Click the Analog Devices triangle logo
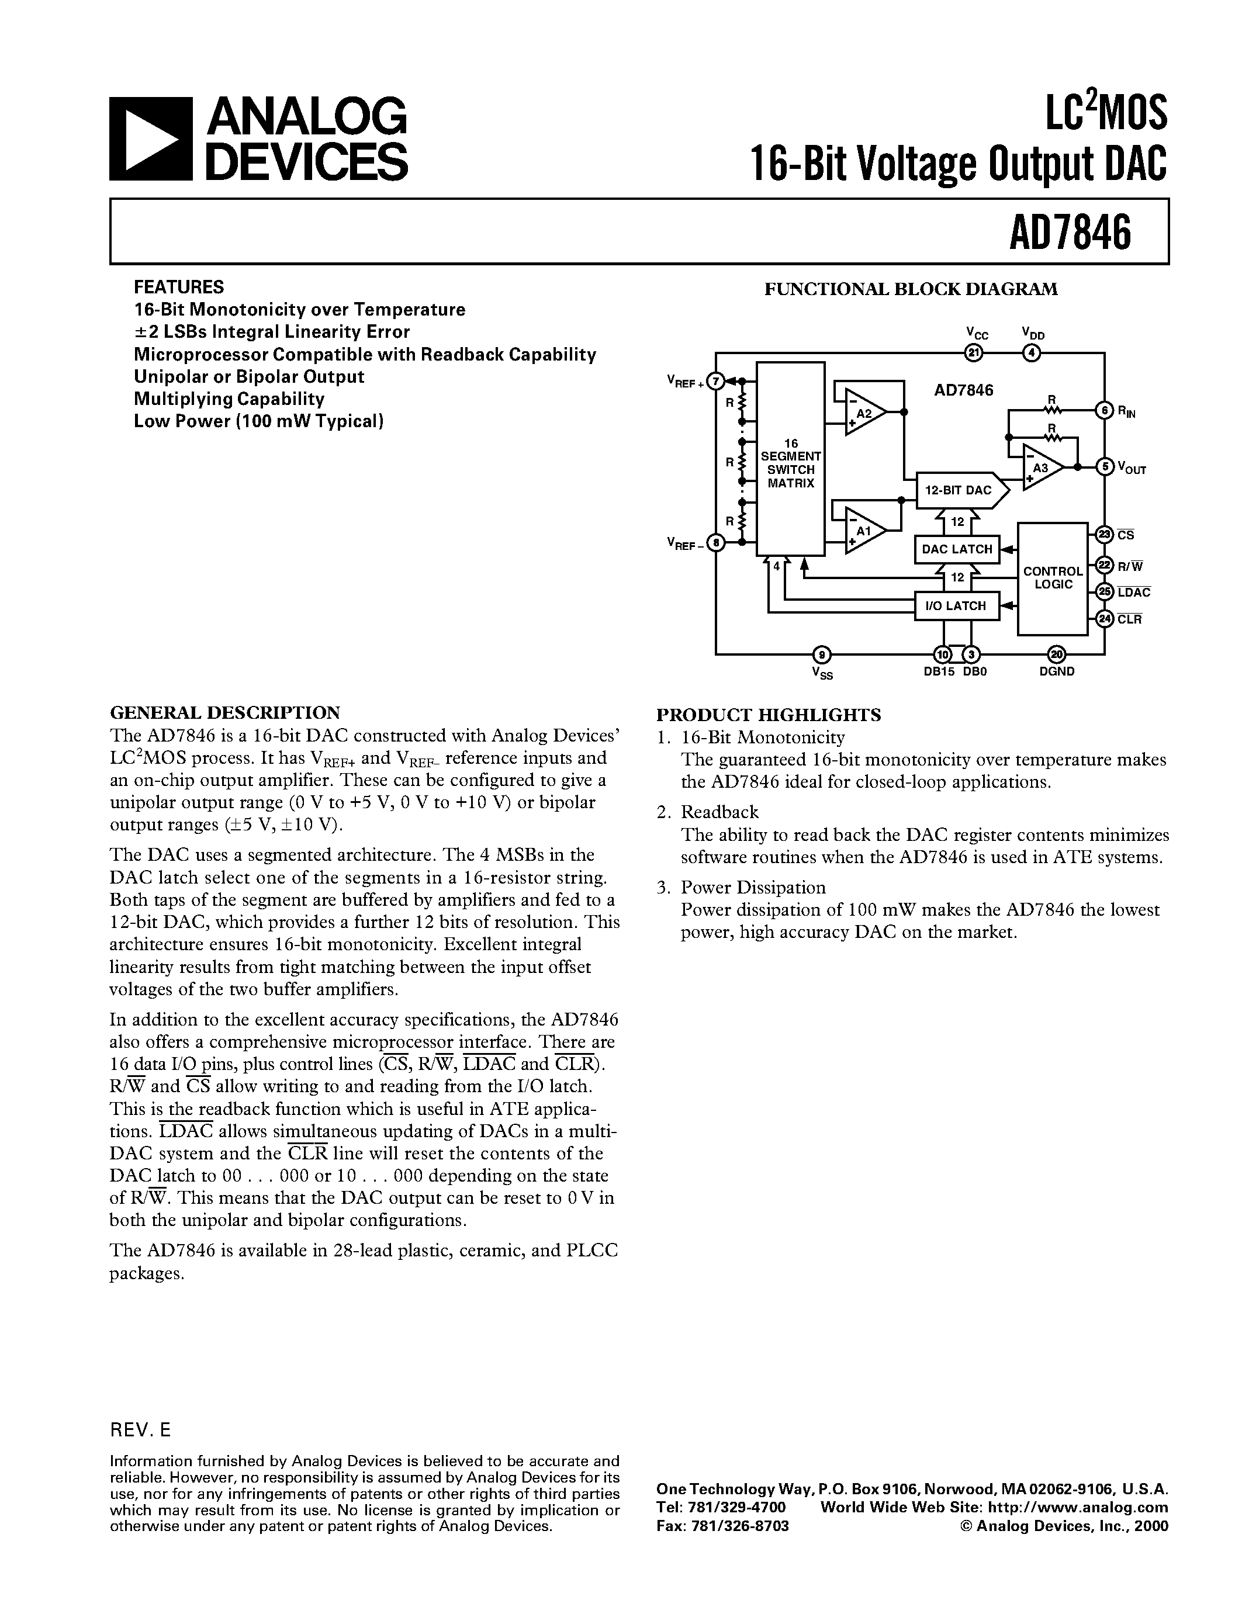[150, 139]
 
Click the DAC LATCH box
[957, 549]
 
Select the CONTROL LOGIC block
[1053, 579]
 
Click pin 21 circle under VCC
[974, 354]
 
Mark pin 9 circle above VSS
[822, 654]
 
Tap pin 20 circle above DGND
[1057, 654]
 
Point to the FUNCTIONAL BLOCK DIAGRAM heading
[911, 289]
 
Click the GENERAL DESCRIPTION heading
[224, 712]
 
